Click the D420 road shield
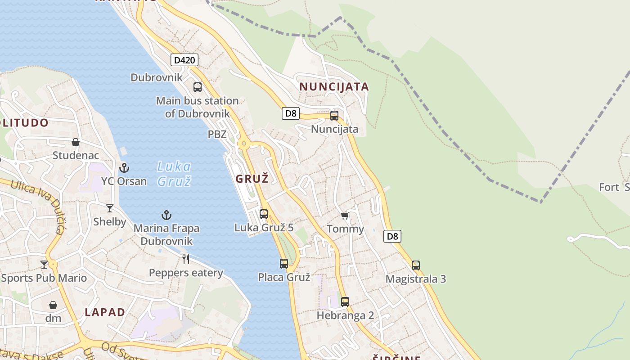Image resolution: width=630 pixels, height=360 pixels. click(x=184, y=60)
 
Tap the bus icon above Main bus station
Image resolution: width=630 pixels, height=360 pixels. click(x=197, y=87)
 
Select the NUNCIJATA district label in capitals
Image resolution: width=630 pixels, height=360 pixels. click(x=334, y=87)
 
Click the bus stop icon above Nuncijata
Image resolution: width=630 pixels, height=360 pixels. click(x=334, y=116)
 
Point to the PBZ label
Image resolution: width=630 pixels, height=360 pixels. click(x=217, y=134)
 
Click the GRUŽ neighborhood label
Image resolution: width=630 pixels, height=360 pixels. click(x=252, y=179)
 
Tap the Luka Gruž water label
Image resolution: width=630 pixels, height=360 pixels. click(x=174, y=174)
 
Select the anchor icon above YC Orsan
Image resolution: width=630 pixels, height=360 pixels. click(x=124, y=168)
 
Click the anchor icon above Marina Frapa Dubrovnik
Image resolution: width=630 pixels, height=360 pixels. click(x=166, y=215)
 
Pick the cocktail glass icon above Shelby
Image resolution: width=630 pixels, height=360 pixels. click(x=110, y=208)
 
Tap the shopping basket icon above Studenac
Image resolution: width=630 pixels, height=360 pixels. click(x=76, y=143)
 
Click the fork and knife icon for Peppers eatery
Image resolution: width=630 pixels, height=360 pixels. click(x=185, y=259)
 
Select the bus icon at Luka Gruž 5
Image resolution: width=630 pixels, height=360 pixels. click(x=264, y=214)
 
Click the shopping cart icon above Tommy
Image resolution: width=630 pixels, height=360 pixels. click(x=345, y=216)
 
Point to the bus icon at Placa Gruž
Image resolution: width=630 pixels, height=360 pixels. click(x=284, y=264)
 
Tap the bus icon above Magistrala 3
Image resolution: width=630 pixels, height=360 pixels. click(x=416, y=265)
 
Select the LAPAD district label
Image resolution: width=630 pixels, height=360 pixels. click(x=105, y=312)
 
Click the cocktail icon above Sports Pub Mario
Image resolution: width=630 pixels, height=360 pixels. click(x=44, y=265)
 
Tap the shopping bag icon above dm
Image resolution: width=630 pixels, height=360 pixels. click(x=53, y=305)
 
